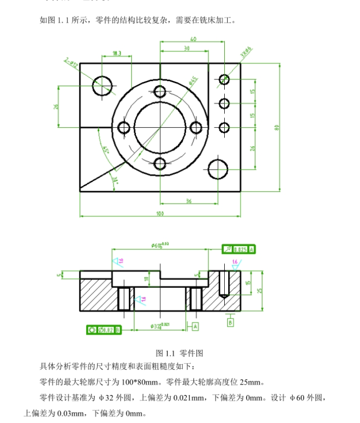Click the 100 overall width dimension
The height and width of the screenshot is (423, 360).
[160, 213]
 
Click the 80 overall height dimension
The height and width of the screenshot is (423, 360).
[277, 127]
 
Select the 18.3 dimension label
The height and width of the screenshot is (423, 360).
[117, 54]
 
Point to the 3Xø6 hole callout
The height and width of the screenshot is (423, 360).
[246, 53]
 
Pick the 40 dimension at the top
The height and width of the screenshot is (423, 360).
[193, 39]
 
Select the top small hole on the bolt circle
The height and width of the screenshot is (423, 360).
[160, 91]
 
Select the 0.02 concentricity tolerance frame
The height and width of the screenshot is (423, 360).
[103, 329]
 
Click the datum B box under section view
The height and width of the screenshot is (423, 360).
[230, 323]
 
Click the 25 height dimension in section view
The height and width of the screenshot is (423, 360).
[260, 291]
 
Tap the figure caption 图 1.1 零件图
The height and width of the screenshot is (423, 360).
[180, 353]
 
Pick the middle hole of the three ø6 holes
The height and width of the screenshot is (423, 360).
[224, 103]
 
